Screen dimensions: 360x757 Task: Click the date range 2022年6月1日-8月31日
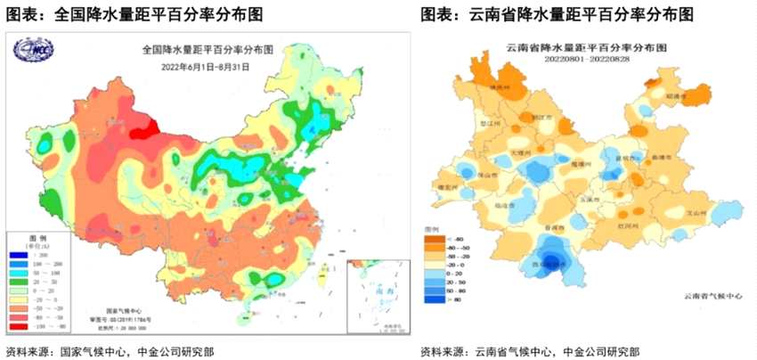tap(212, 68)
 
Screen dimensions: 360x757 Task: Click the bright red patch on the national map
tap(141, 132)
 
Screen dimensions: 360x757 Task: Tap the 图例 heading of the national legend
tap(37, 239)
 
